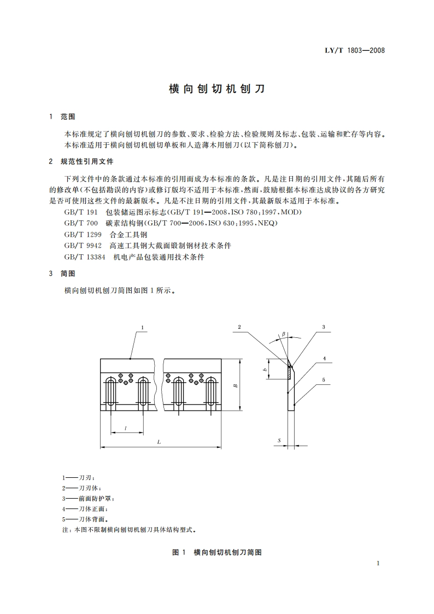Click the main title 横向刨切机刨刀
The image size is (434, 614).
pos(217,89)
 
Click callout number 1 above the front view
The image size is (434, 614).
pos(142,328)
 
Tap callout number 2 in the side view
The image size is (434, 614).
pos(239,327)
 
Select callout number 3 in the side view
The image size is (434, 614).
pos(324,327)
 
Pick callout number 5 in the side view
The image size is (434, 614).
pos(324,379)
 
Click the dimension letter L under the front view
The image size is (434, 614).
pos(159,441)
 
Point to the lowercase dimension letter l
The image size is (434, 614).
pos(126,429)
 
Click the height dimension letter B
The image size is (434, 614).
pos(235,386)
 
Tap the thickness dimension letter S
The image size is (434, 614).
pos(279,440)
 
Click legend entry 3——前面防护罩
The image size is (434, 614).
pos(89,498)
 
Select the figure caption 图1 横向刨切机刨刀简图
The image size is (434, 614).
pos(217,552)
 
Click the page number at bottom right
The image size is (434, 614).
pos(378,564)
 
